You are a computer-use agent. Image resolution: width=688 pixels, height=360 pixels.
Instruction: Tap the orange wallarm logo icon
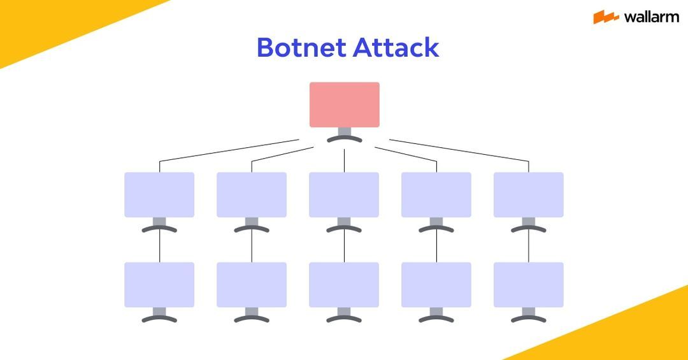tap(606, 17)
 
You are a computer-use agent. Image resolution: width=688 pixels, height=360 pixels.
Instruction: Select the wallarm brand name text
tap(651, 17)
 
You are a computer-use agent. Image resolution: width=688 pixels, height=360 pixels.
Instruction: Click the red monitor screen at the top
tap(344, 104)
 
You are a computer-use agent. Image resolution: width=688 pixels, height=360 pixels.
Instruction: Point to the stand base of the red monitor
tap(344, 139)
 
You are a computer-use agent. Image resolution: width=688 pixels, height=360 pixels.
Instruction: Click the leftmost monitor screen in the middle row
tap(159, 194)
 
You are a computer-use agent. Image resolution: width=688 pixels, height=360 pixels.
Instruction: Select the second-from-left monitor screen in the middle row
tap(252, 194)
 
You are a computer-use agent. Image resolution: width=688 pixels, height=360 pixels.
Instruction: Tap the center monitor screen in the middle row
tap(344, 194)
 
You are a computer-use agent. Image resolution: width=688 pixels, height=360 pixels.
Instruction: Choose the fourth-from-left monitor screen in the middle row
tap(436, 194)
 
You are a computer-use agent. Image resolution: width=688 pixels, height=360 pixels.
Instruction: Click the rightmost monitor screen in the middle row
tap(528, 194)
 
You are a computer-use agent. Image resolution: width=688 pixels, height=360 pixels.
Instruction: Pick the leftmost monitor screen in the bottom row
tap(159, 285)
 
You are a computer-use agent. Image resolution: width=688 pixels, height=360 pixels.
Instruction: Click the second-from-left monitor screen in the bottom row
tap(252, 285)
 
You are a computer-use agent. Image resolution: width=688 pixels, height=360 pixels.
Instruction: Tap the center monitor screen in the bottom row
tap(344, 285)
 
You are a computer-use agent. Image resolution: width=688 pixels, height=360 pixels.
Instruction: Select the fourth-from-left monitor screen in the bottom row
tap(436, 285)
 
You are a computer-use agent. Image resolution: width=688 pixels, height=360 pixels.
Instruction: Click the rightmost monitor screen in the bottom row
tap(528, 285)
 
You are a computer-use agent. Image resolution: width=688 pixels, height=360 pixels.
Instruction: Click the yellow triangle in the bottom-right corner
tap(637, 335)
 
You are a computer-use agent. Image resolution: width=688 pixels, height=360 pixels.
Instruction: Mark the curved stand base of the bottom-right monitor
tap(528, 319)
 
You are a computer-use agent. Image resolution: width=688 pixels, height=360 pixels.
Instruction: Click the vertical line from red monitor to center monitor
tap(344, 161)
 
